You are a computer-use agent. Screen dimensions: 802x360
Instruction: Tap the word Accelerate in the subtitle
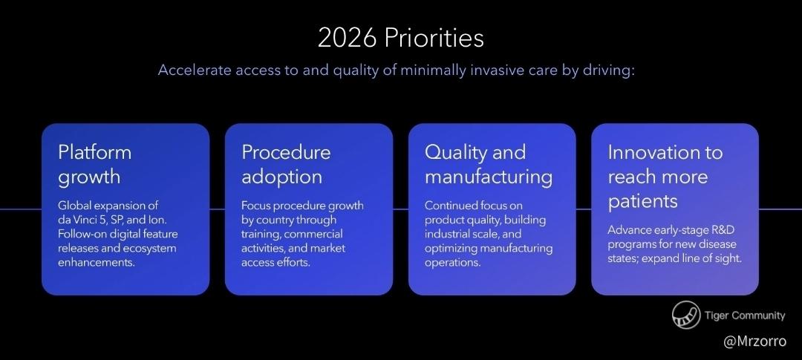[195, 70]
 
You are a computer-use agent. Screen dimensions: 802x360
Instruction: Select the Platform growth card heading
[94, 164]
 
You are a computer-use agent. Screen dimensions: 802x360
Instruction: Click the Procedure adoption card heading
[286, 164]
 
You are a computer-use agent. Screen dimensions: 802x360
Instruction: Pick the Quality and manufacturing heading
[489, 164]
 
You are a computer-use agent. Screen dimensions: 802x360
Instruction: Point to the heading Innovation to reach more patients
[665, 177]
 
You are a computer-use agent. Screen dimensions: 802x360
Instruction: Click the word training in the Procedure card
[261, 235]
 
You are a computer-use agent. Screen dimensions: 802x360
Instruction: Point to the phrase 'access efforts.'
[276, 263]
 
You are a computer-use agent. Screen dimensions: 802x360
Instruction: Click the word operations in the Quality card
[453, 263]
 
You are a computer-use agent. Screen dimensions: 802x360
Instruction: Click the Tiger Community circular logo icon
[686, 315]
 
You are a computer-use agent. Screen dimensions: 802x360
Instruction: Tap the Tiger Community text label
[745, 315]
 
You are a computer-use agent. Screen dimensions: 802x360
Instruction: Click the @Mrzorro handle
[754, 341]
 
